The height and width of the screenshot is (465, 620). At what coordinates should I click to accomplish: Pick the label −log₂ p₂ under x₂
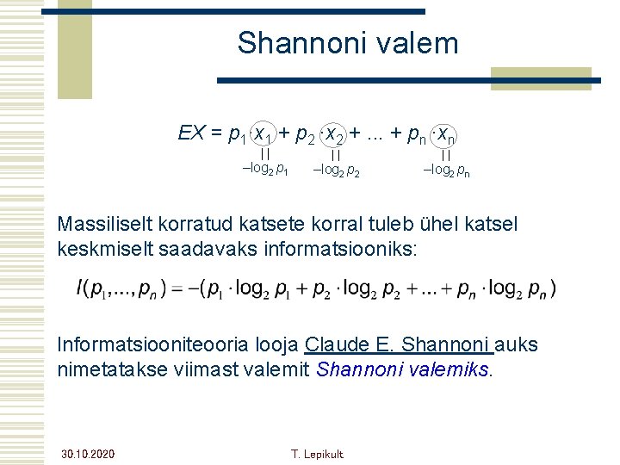click(336, 170)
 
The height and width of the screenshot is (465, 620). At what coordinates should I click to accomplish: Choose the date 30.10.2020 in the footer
click(88, 454)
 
